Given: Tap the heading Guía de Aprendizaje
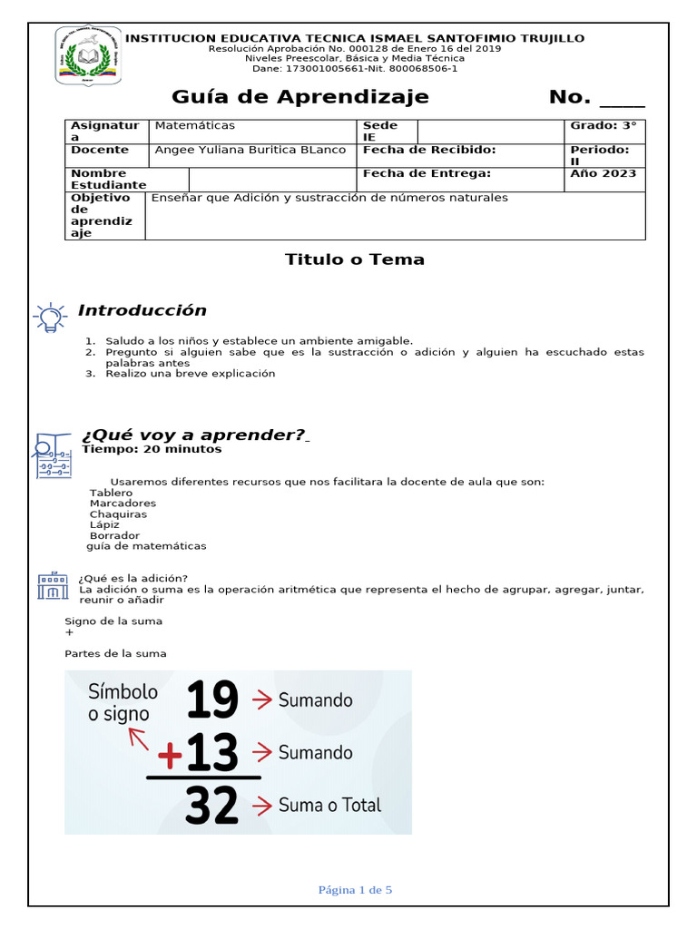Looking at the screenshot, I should [300, 97].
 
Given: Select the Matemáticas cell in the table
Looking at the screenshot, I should [195, 125].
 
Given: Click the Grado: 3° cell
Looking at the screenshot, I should [604, 126].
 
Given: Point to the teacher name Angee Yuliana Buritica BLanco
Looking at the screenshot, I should [250, 150].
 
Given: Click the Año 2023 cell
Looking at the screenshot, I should [604, 173].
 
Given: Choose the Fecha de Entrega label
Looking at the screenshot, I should [427, 173].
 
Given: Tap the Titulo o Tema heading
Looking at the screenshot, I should [355, 259].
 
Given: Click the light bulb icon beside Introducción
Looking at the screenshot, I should [50, 316].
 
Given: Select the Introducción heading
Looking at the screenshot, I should [142, 310].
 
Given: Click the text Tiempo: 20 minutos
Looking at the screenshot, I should [152, 449].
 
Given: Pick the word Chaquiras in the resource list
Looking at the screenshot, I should [118, 514].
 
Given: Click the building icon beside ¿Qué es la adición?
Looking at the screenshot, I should [53, 585].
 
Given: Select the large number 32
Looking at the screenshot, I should [211, 806].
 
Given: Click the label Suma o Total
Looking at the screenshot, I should [329, 805].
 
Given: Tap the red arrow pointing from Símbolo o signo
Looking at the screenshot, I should [138, 738].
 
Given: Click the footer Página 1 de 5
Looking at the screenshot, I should [355, 890].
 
